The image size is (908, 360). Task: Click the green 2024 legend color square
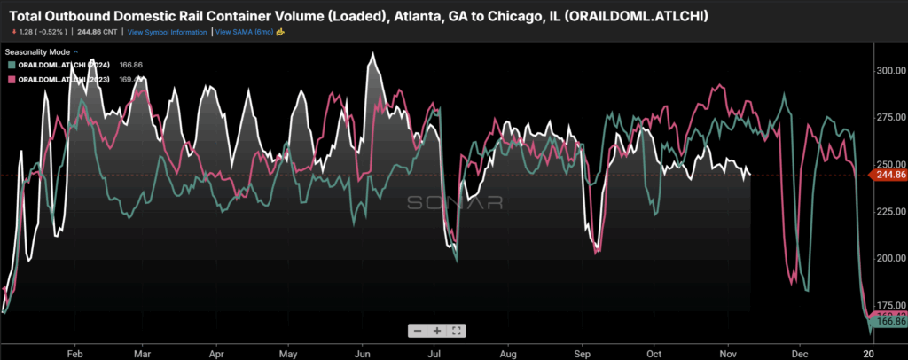[11, 65]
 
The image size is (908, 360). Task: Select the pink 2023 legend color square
[11, 79]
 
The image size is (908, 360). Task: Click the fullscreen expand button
[456, 331]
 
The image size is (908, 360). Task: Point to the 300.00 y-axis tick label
[888, 70]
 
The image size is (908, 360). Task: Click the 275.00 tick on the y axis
[888, 117]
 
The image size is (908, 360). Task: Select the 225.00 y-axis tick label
[888, 211]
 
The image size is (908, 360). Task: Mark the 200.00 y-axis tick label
[888, 258]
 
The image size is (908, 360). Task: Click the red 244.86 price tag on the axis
[888, 175]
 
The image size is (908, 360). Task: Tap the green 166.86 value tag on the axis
[888, 322]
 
